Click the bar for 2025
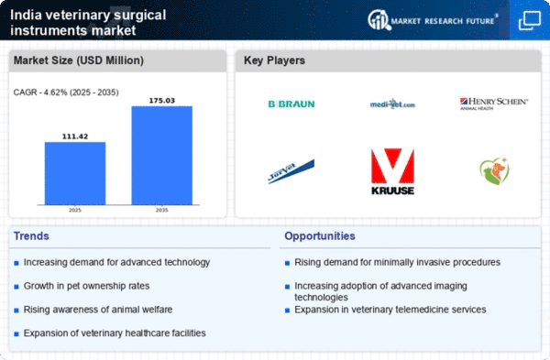click(x=74, y=174)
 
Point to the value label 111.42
click(x=74, y=134)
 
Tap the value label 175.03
click(x=161, y=98)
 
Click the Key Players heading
click(x=275, y=61)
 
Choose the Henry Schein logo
click(x=493, y=104)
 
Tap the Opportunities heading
click(x=319, y=236)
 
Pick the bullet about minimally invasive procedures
click(x=397, y=262)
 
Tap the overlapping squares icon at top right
click(x=529, y=19)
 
